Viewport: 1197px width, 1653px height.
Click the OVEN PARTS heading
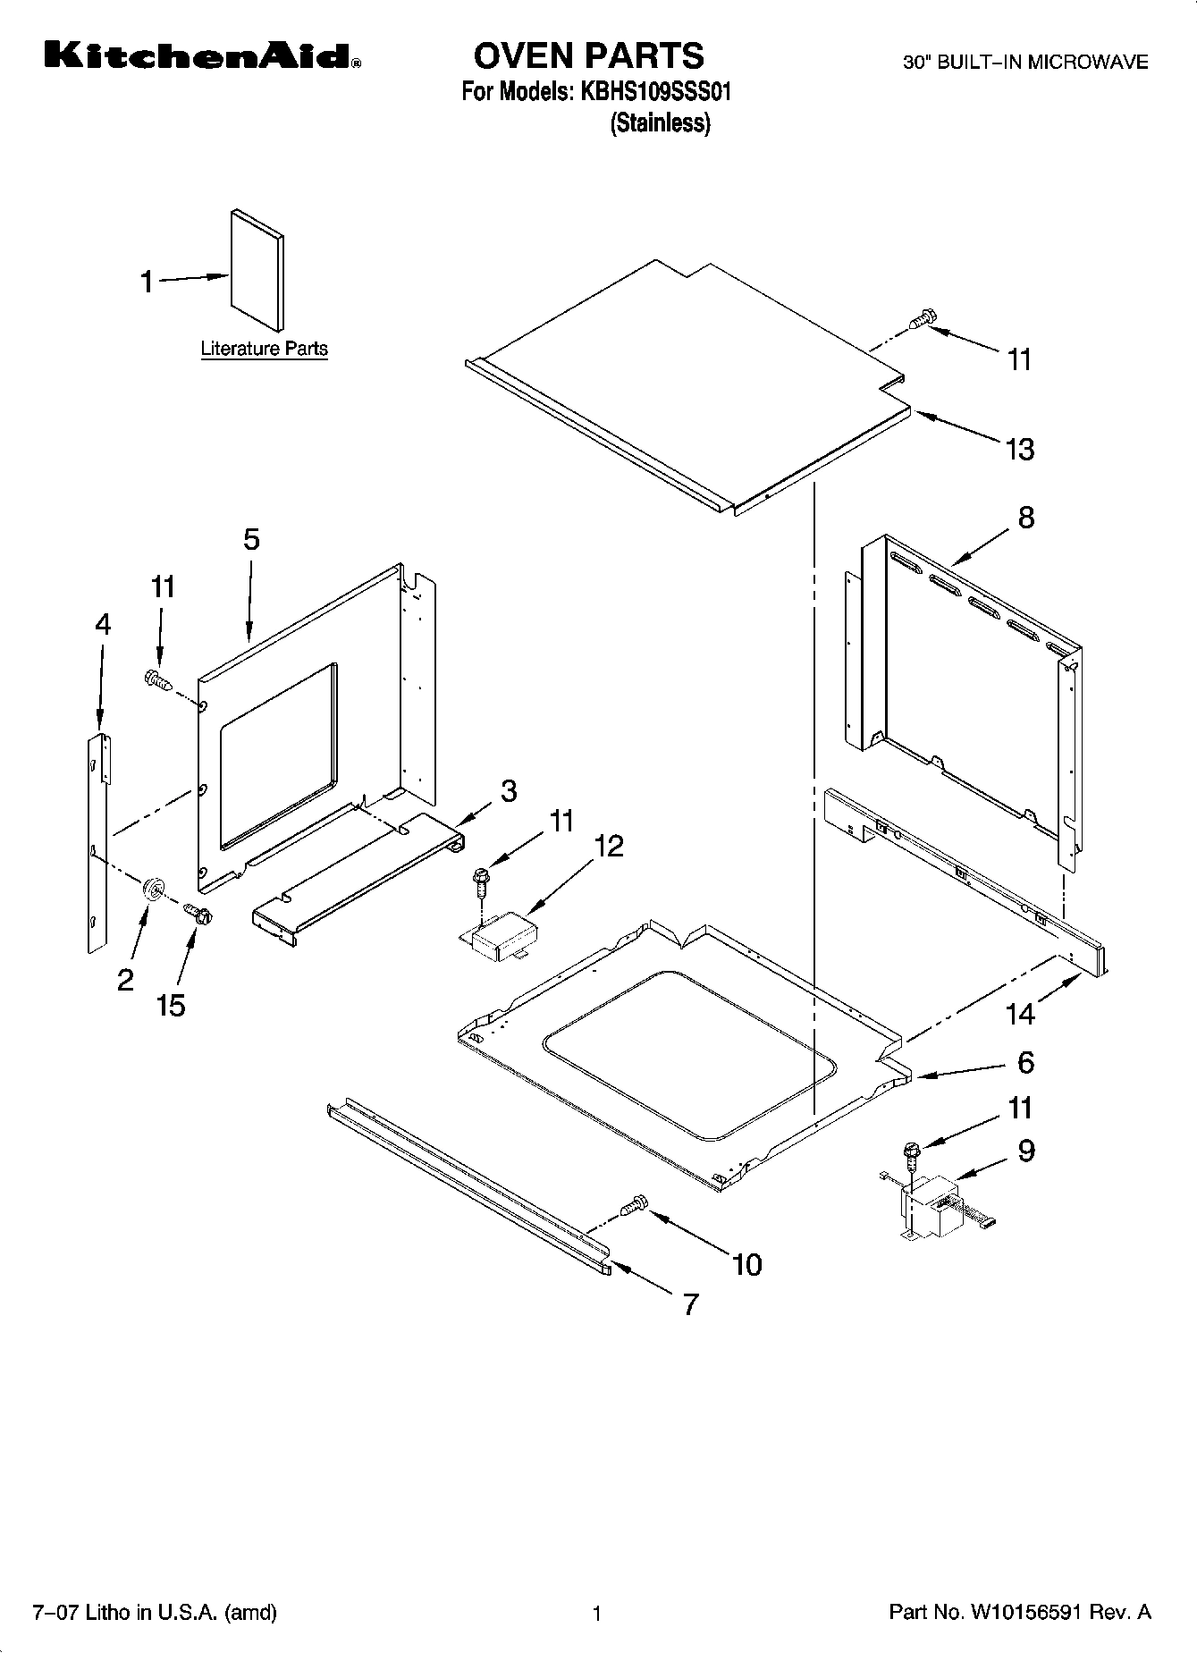(x=588, y=55)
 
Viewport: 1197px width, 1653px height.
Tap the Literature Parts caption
(x=264, y=349)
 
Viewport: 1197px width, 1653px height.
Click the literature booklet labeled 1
(x=257, y=269)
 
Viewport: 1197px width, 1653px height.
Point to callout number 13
(x=1020, y=449)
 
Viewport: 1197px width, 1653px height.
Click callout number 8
(x=1025, y=517)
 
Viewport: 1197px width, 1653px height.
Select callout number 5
(x=251, y=539)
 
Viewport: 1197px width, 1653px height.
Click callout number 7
(x=690, y=1304)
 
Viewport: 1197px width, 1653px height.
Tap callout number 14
(x=1020, y=1014)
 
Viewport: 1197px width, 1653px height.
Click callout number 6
(x=1025, y=1062)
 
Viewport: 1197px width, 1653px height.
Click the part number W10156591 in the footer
(x=1025, y=1613)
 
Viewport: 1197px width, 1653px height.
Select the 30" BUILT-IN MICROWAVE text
(x=1024, y=63)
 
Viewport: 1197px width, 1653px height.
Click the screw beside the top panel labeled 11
(x=922, y=319)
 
